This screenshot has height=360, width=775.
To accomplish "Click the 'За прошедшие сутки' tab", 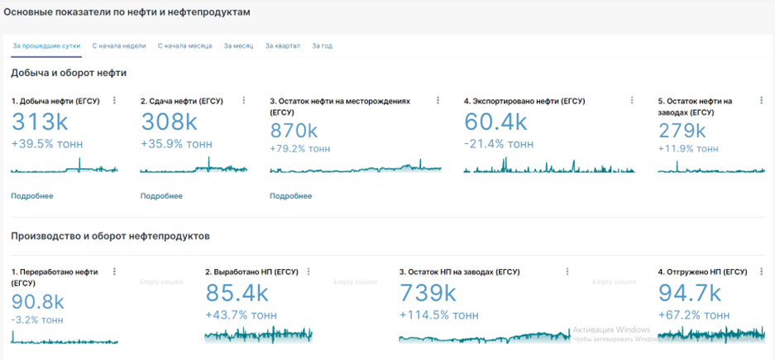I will pos(45,46).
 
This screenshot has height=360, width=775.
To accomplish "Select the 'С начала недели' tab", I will pos(118,46).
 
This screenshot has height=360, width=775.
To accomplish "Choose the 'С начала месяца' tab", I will pos(185,46).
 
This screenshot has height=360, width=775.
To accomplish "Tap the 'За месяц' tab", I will pos(238,46).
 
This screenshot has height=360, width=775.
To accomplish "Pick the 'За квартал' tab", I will pos(283,46).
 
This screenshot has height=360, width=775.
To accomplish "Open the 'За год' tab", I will pos(322,46).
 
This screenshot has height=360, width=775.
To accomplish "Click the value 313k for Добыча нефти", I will pos(40,122).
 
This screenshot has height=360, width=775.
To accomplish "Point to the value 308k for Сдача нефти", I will pos(169,122).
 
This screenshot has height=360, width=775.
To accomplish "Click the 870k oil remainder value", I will pos(294,131).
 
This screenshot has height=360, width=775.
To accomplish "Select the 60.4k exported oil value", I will pos(495,122).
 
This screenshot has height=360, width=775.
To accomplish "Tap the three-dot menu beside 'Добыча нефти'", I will pos(114,101).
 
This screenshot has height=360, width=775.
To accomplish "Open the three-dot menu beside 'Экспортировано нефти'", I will pos(632,101).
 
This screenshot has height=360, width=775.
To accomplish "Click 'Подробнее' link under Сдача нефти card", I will pos(161,196).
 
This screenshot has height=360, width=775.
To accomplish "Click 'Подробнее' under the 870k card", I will pos(291,196).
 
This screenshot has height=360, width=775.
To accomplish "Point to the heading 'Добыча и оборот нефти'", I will pos(68,73).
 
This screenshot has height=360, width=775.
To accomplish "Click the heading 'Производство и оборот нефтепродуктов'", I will pos(110,236).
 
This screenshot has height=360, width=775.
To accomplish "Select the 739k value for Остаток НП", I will pos(428,293).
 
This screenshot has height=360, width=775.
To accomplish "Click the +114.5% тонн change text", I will pos(438,315).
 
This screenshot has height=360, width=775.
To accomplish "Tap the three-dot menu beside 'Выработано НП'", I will pos(309,271).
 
